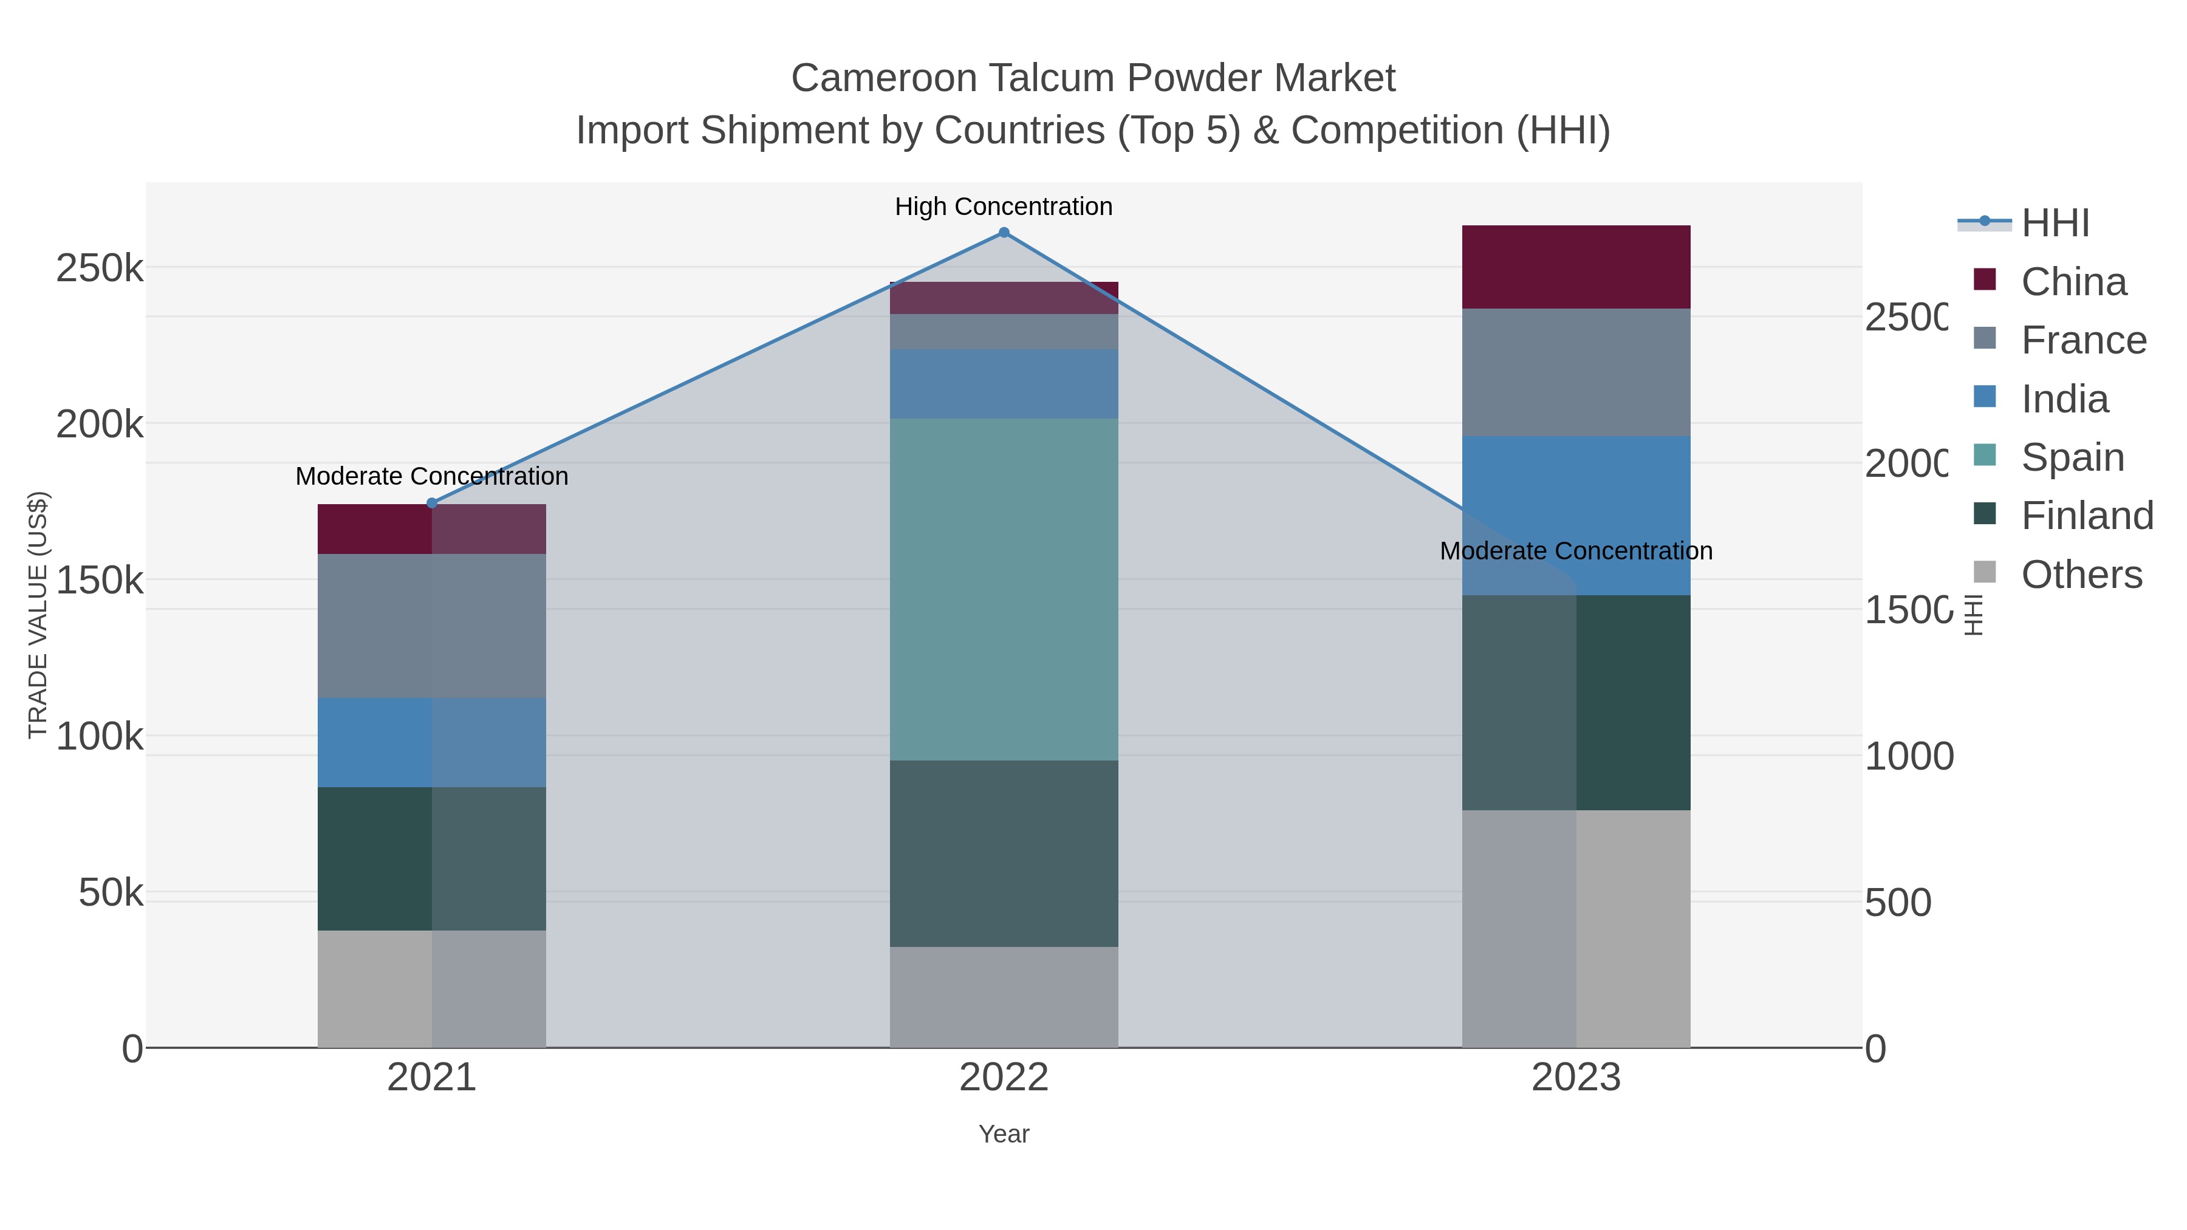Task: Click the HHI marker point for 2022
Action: coord(1004,233)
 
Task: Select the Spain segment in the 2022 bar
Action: coord(1004,589)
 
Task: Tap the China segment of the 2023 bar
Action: coord(1576,267)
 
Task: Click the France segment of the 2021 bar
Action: coord(431,626)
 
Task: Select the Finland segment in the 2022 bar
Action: coord(1004,853)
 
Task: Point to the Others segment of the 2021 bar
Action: coord(431,988)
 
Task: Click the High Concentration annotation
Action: coord(1004,207)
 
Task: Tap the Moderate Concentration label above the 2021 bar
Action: coord(431,476)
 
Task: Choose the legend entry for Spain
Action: coord(2072,457)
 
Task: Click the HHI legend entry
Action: coord(2055,224)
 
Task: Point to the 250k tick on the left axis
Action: coord(100,269)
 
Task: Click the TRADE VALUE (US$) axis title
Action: coord(38,615)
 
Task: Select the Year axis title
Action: coord(1004,1134)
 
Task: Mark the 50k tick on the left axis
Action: coord(111,893)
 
